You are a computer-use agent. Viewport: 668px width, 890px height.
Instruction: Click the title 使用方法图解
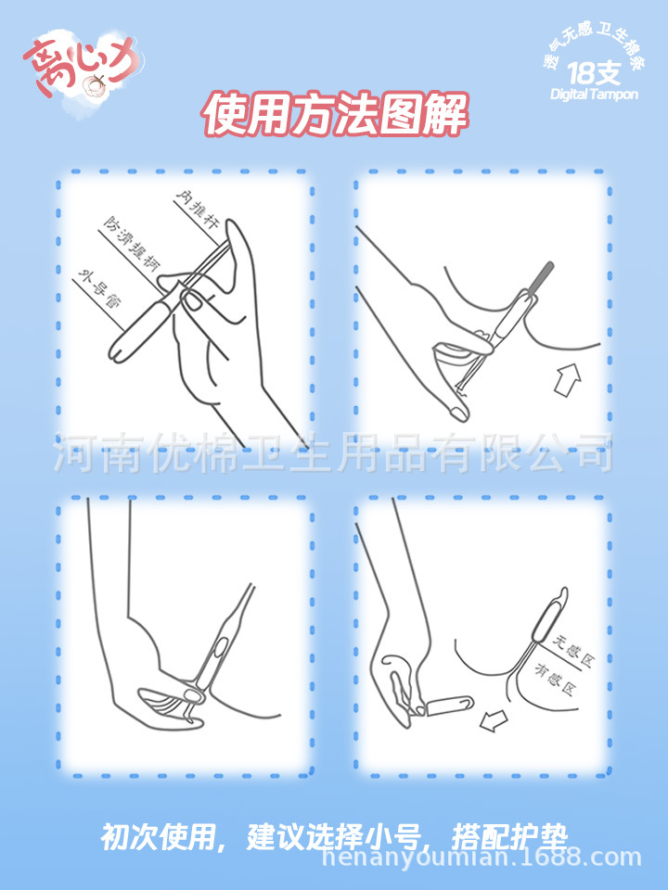click(334, 115)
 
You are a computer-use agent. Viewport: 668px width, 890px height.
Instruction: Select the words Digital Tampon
click(594, 95)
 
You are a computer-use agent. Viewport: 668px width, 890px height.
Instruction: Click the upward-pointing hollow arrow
click(567, 380)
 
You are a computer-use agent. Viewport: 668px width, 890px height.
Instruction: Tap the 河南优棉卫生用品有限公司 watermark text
click(334, 455)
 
